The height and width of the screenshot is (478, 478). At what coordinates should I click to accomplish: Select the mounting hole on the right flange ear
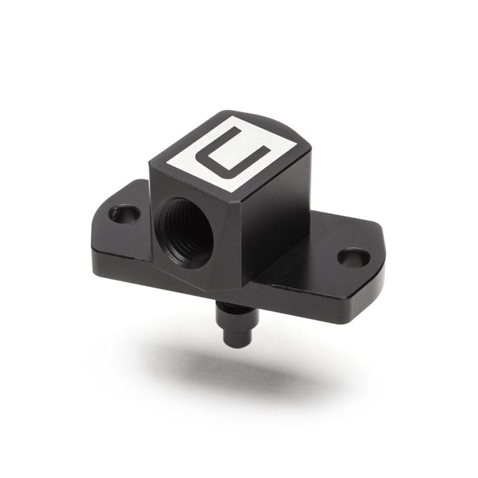353,258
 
